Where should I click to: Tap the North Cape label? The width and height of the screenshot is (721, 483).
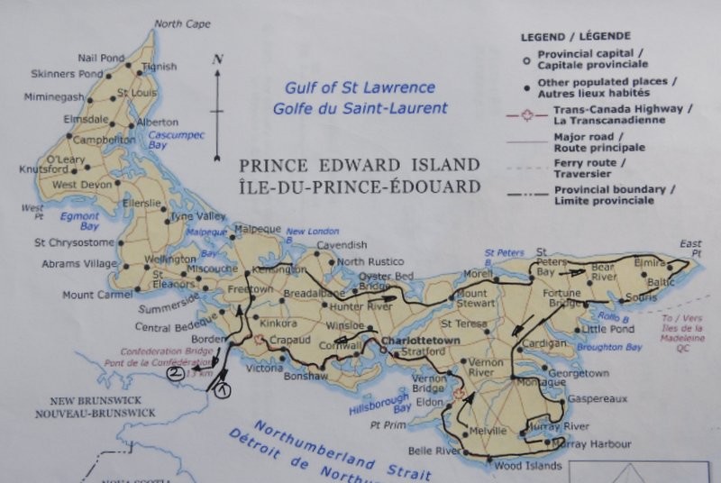tap(182, 24)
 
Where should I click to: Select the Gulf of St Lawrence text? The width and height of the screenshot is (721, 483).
tap(360, 88)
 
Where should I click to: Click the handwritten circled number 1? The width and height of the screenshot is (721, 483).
tap(223, 390)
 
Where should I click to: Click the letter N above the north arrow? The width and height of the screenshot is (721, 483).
tap(217, 59)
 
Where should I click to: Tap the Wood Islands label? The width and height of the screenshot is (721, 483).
tap(528, 465)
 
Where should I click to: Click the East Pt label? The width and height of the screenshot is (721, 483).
tap(691, 249)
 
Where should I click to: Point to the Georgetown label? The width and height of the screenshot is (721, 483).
tap(579, 372)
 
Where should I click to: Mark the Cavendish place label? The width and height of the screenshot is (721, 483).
tap(342, 244)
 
